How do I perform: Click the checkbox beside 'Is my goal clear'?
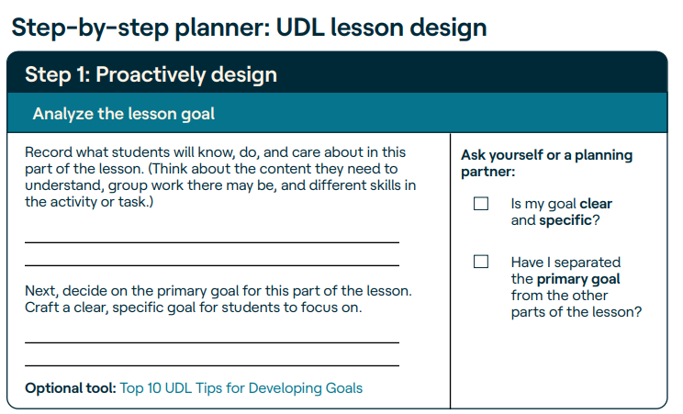(x=481, y=204)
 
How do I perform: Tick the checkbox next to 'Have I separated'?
(x=481, y=262)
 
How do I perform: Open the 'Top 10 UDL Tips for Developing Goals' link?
(x=241, y=388)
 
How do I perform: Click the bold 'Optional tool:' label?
(x=71, y=388)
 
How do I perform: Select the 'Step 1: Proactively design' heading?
(x=151, y=74)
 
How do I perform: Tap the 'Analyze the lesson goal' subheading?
(x=124, y=114)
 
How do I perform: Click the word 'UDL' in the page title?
(x=300, y=28)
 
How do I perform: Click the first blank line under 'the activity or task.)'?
(x=212, y=242)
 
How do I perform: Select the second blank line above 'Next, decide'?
(x=212, y=265)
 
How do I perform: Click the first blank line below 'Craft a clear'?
(x=212, y=342)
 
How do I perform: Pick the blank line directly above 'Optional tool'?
(x=212, y=365)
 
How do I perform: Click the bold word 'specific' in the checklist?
(x=565, y=220)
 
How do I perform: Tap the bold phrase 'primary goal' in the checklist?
(x=578, y=279)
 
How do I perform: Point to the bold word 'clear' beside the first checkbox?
(x=596, y=204)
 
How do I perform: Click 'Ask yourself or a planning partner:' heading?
(x=546, y=163)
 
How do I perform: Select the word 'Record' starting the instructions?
(x=49, y=152)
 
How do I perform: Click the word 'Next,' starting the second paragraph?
(x=41, y=291)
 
